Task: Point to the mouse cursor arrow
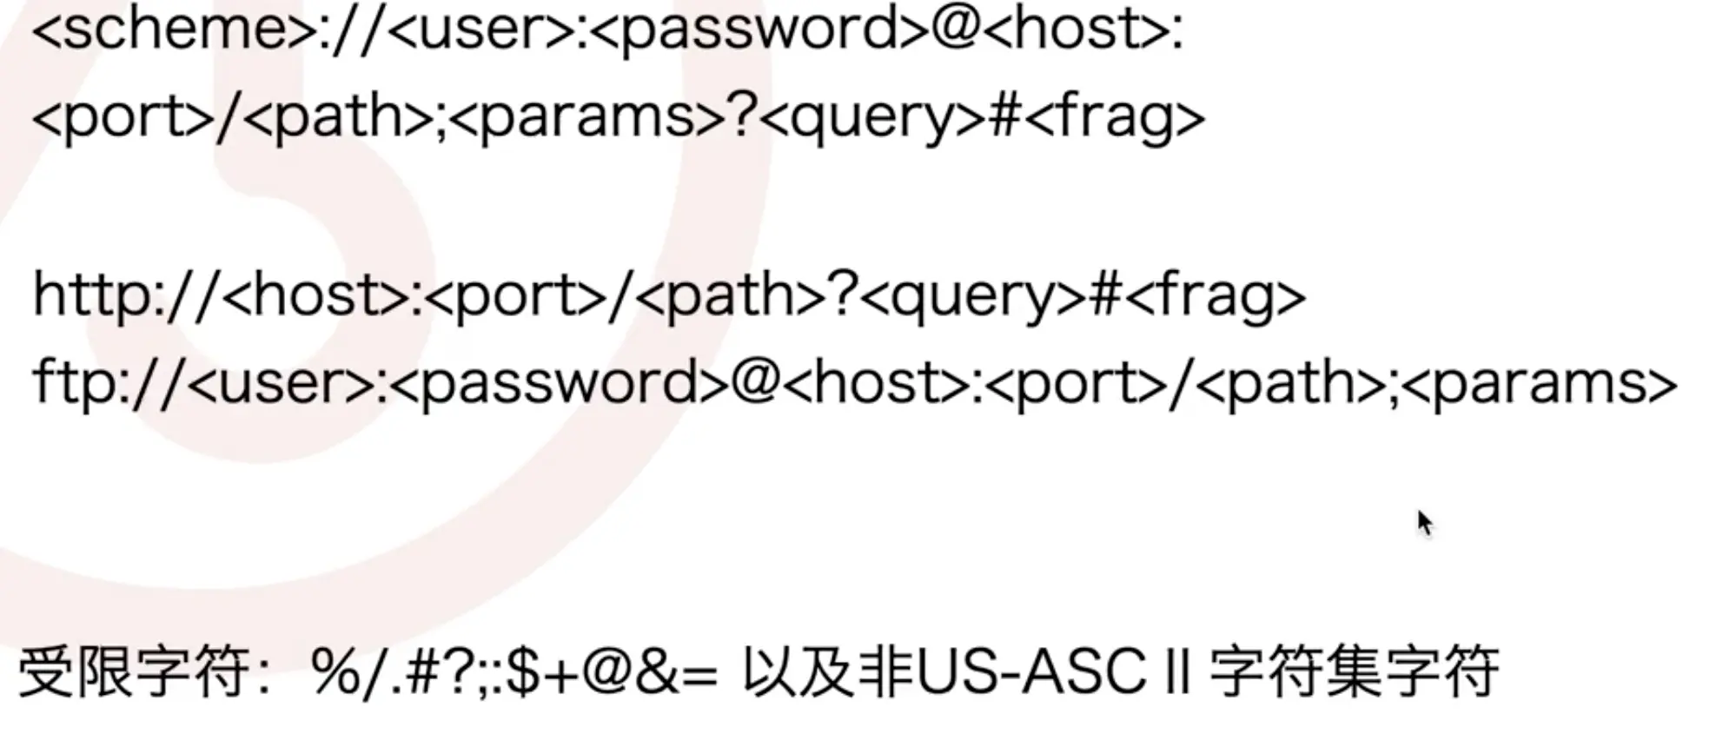pos(1424,522)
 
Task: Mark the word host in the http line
pos(317,295)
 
